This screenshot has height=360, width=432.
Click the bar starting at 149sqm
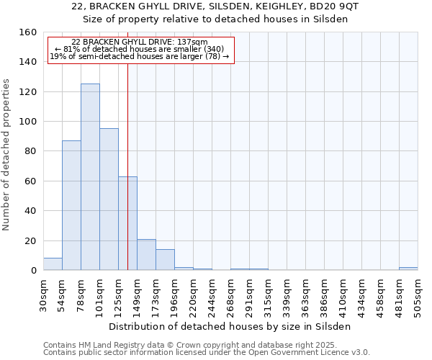[146, 255]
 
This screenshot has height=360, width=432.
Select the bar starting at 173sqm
[165, 260]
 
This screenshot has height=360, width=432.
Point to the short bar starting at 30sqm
[53, 264]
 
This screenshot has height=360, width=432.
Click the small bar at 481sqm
[408, 269]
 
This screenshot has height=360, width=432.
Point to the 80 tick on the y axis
[30, 151]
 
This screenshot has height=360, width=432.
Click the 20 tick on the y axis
[30, 241]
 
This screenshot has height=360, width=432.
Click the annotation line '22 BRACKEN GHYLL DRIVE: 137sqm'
[140, 42]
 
